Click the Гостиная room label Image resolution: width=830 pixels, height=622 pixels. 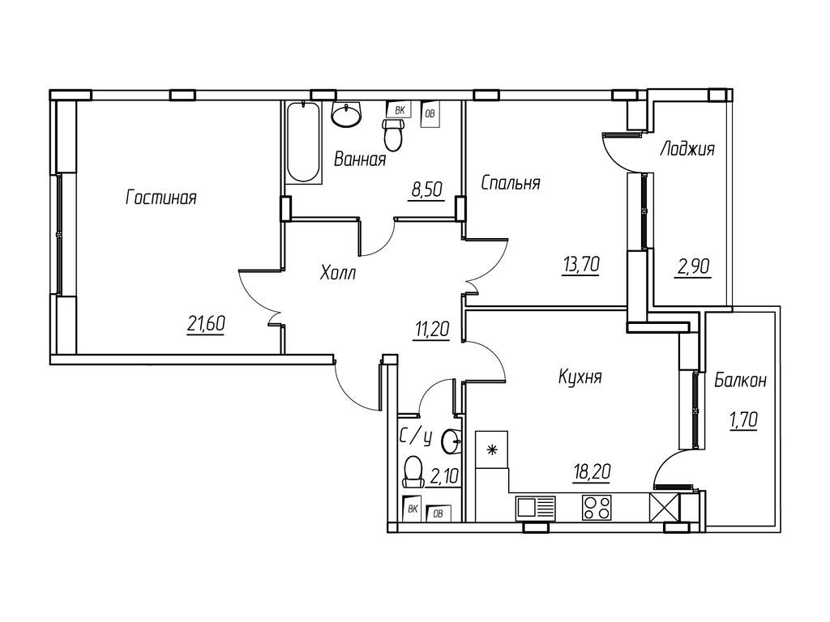point(161,198)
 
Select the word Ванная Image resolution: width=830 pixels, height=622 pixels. point(359,160)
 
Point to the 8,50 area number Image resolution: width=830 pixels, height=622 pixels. point(428,190)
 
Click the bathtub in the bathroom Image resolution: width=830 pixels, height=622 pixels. point(302,142)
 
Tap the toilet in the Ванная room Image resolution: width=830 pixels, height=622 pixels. point(393,135)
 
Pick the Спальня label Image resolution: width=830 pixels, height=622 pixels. point(511,182)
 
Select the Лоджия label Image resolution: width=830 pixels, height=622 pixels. point(687,148)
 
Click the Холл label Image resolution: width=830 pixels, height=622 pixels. point(338,273)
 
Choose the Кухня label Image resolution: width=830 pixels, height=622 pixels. point(580,377)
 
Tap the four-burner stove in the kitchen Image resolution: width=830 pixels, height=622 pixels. point(596,507)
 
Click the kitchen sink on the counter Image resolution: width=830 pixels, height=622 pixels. point(534,507)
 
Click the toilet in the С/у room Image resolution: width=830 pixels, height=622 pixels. point(413,471)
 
